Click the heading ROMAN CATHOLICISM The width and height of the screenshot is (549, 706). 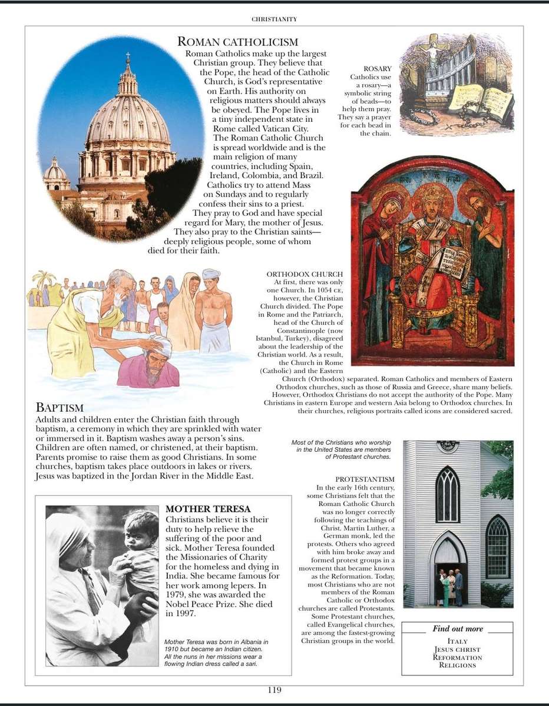click(237, 42)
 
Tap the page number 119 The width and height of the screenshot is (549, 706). click(274, 690)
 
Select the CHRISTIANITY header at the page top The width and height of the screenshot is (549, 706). click(274, 19)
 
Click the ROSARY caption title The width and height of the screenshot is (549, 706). click(378, 69)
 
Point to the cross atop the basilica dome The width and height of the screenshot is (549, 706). click(127, 57)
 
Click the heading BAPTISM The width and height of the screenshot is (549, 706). click(59, 407)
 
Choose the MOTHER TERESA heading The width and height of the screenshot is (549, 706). click(208, 509)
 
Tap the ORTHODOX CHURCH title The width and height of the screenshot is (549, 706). click(305, 274)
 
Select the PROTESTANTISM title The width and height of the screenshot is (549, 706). click(365, 479)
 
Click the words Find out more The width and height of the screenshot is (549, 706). click(457, 628)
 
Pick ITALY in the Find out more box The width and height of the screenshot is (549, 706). click(457, 641)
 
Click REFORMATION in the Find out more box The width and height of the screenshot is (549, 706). click(457, 657)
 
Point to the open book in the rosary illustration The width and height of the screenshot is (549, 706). click(480, 100)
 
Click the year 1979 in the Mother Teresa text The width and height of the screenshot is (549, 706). click(176, 595)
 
